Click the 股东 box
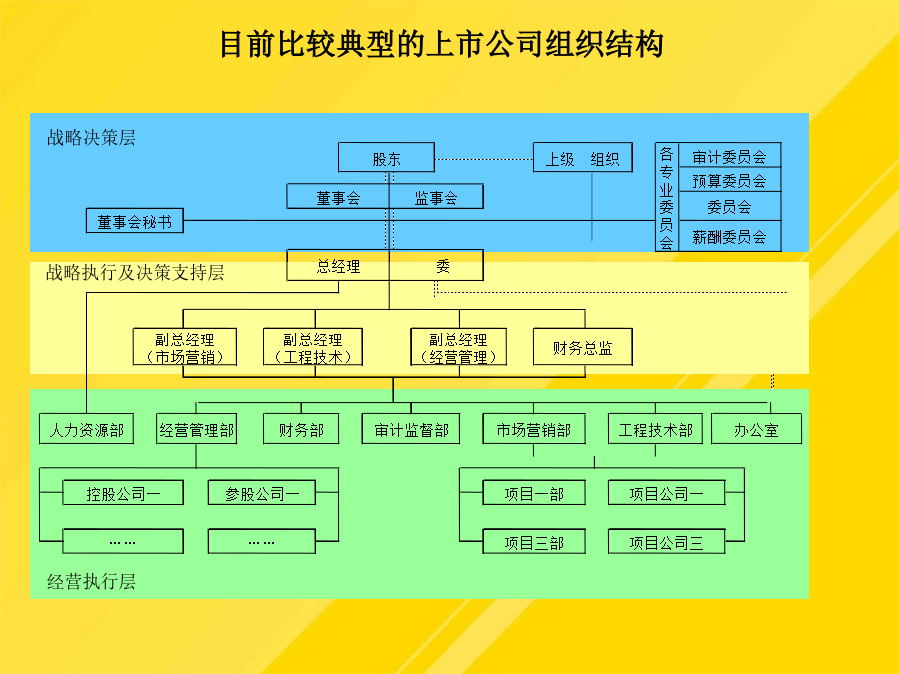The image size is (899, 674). coord(386,157)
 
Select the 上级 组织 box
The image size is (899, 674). coord(583,157)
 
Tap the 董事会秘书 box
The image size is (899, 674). coord(135,220)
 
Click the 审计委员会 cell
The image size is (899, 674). coord(729,155)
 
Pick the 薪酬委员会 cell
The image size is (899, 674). coord(729,236)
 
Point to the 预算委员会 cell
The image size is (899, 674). coord(729,180)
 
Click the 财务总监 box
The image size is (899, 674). coord(583,346)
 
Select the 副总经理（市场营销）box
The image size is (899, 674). coord(185,346)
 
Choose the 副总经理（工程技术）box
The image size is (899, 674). coord(313,346)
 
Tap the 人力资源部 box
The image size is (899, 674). coord(87,429)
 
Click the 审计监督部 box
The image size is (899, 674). coord(412,429)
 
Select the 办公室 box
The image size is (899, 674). coord(757,429)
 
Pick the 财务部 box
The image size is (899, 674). coord(301,429)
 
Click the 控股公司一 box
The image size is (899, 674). coord(123,493)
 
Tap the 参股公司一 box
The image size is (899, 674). coord(262,493)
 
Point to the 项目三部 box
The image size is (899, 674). coord(534,541)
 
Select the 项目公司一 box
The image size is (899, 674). coord(667,493)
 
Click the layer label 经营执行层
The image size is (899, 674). coord(91,582)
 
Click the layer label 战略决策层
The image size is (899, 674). coord(91,138)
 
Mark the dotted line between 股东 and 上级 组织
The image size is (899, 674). coord(483,159)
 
